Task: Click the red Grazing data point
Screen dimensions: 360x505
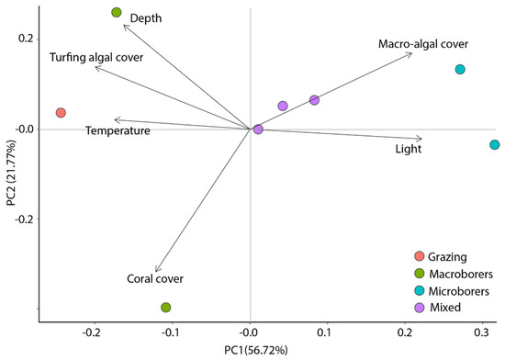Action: point(61,113)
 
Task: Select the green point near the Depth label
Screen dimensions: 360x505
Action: point(117,13)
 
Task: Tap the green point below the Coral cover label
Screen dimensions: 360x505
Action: point(166,308)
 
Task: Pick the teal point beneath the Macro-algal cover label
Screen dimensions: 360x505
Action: point(460,70)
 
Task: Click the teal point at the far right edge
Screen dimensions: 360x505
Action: point(495,145)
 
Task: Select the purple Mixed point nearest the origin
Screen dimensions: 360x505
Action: point(258,129)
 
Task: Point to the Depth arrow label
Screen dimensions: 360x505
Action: point(145,18)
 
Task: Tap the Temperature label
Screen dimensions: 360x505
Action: point(118,131)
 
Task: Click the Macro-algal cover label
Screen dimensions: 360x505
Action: point(423,44)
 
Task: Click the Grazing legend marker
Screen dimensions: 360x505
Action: point(420,255)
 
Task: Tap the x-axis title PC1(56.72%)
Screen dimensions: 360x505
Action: point(251,350)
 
